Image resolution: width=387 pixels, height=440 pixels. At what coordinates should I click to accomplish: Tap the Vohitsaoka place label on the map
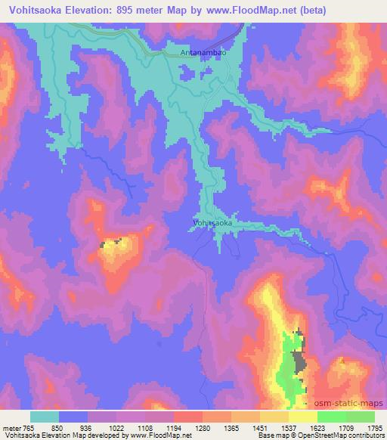(212, 223)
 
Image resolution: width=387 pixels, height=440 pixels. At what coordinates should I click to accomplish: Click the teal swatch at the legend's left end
(45, 417)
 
